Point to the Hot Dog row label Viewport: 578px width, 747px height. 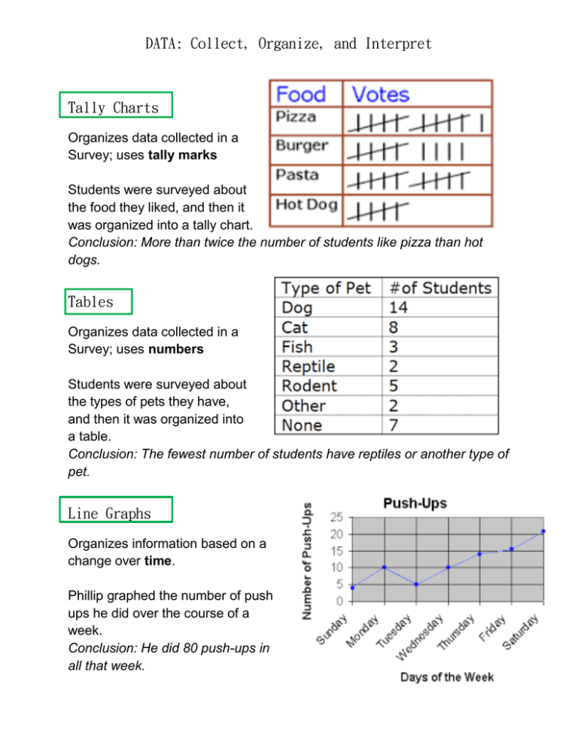[306, 204]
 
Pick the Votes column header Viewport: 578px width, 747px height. [381, 94]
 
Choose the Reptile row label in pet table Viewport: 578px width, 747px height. [308, 366]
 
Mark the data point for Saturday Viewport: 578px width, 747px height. [543, 531]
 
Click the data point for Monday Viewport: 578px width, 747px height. [385, 567]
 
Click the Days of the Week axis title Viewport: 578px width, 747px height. [447, 677]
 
